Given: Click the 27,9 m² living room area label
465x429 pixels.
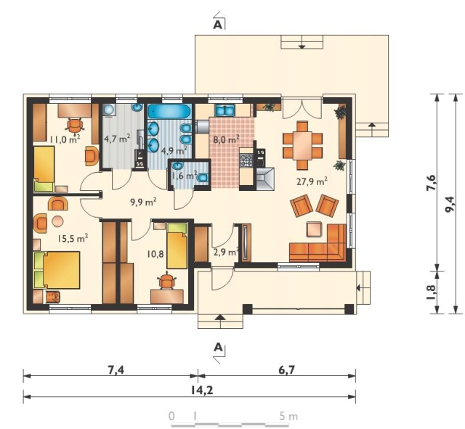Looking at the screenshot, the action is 312,181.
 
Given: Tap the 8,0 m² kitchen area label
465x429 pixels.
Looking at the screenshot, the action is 226,139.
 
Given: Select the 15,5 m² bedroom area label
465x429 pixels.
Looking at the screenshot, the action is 73,238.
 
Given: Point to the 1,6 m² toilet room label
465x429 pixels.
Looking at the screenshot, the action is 185,175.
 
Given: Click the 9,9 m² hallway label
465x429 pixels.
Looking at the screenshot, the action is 143,202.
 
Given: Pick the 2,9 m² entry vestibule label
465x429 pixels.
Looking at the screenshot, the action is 226,252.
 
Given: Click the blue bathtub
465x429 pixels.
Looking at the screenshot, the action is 170,112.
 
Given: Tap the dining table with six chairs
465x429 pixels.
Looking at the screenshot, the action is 302,145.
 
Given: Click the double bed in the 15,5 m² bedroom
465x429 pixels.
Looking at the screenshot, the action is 57,270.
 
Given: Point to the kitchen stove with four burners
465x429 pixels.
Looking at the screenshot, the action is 246,160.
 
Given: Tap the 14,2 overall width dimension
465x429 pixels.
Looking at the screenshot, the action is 202,391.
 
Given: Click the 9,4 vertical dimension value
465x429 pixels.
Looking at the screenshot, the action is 449,204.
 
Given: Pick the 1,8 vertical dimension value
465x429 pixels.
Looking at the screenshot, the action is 431,292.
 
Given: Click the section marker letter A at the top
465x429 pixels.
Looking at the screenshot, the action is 217,25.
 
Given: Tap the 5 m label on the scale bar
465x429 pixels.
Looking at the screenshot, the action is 288,416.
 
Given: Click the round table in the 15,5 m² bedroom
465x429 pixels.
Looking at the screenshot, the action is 58,221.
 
